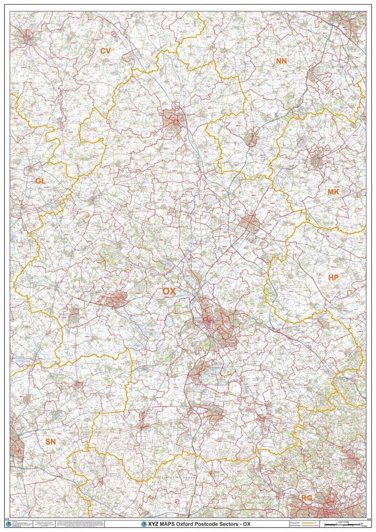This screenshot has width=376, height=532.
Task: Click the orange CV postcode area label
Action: pos(105,51)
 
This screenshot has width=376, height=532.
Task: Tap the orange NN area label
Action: pos(281,61)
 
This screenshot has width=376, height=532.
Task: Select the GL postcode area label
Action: pos(40,181)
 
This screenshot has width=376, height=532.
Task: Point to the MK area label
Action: pos(333,192)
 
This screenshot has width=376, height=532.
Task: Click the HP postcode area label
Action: pos(333,278)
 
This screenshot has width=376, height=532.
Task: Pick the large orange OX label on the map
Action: pos(169,291)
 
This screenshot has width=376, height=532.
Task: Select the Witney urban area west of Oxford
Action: pos(115,301)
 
